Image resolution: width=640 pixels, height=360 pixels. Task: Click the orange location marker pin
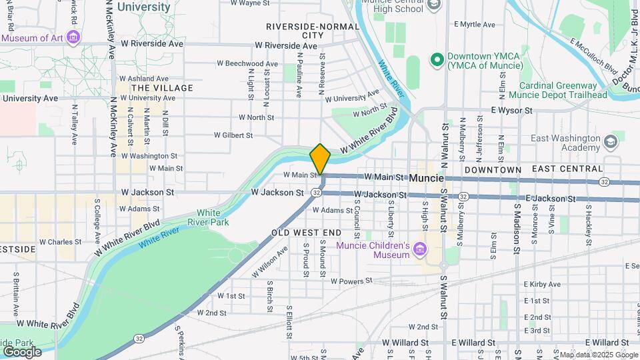[x=320, y=159]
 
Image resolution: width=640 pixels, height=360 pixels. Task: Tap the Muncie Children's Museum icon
[x=419, y=250]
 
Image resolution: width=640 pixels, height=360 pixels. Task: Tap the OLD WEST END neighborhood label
[x=306, y=233]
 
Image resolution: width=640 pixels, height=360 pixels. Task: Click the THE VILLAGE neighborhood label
[x=162, y=88]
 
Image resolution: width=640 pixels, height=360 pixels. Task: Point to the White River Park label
[x=213, y=217]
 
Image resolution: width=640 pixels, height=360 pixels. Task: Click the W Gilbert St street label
[x=233, y=135]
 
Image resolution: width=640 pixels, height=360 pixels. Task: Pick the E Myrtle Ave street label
[x=475, y=25]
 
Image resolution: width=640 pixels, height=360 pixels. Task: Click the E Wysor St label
[x=513, y=110]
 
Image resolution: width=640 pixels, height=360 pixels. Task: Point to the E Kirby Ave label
[x=542, y=269]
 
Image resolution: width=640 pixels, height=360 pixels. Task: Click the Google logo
[x=21, y=351]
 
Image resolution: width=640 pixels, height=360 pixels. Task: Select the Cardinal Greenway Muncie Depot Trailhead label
[x=563, y=90]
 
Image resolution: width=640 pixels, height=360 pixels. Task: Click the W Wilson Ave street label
[x=269, y=261]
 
